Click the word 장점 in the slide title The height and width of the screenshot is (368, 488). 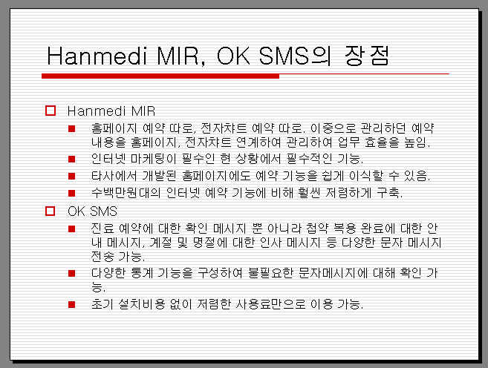367,56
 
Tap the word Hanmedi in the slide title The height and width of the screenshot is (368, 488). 97,56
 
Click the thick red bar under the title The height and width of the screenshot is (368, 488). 160,76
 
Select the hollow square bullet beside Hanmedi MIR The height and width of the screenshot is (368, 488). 51,111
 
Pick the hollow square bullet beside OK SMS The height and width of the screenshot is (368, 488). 50,211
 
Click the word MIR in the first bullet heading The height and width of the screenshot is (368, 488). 143,111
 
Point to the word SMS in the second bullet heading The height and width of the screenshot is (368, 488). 103,211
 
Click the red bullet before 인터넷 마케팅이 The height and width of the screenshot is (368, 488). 71,159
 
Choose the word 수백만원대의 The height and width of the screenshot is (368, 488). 126,193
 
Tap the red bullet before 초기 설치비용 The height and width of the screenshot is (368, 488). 71,304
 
